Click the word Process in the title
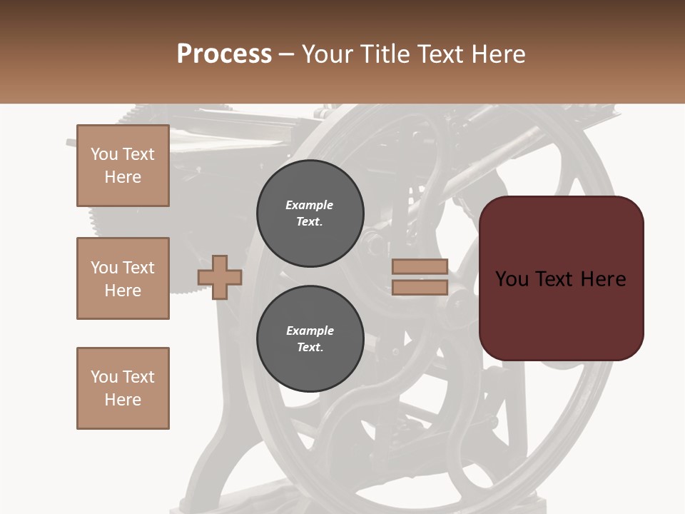pyautogui.click(x=224, y=54)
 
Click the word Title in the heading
pyautogui.click(x=386, y=54)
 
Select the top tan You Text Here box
pyautogui.click(x=123, y=166)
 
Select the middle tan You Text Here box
pyautogui.click(x=123, y=278)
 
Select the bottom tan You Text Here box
pyautogui.click(x=123, y=388)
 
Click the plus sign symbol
pyautogui.click(x=220, y=277)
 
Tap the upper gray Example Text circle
pyautogui.click(x=310, y=213)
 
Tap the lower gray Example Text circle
pyautogui.click(x=310, y=338)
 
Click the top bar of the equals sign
pyautogui.click(x=420, y=267)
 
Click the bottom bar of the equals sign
pyautogui.click(x=420, y=287)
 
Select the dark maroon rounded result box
pyautogui.click(x=562, y=314)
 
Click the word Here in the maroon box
pyautogui.click(x=603, y=279)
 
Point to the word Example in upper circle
pyautogui.click(x=310, y=205)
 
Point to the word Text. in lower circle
pyautogui.click(x=310, y=348)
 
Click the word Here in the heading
pyautogui.click(x=497, y=54)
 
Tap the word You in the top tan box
pyautogui.click(x=104, y=154)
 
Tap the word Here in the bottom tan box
pyautogui.click(x=123, y=400)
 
